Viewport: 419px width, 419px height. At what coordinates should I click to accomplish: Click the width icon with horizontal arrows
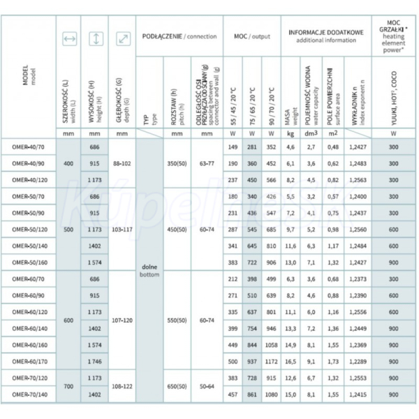(x=69, y=40)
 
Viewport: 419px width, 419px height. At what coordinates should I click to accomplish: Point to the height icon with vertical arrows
(x=96, y=40)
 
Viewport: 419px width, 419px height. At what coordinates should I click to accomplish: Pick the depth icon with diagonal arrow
(x=123, y=40)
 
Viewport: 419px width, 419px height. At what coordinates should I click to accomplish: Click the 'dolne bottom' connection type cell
(x=150, y=270)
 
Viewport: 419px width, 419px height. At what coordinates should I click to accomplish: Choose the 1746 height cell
(x=96, y=362)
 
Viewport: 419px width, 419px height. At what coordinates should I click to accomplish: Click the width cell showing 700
(x=69, y=386)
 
